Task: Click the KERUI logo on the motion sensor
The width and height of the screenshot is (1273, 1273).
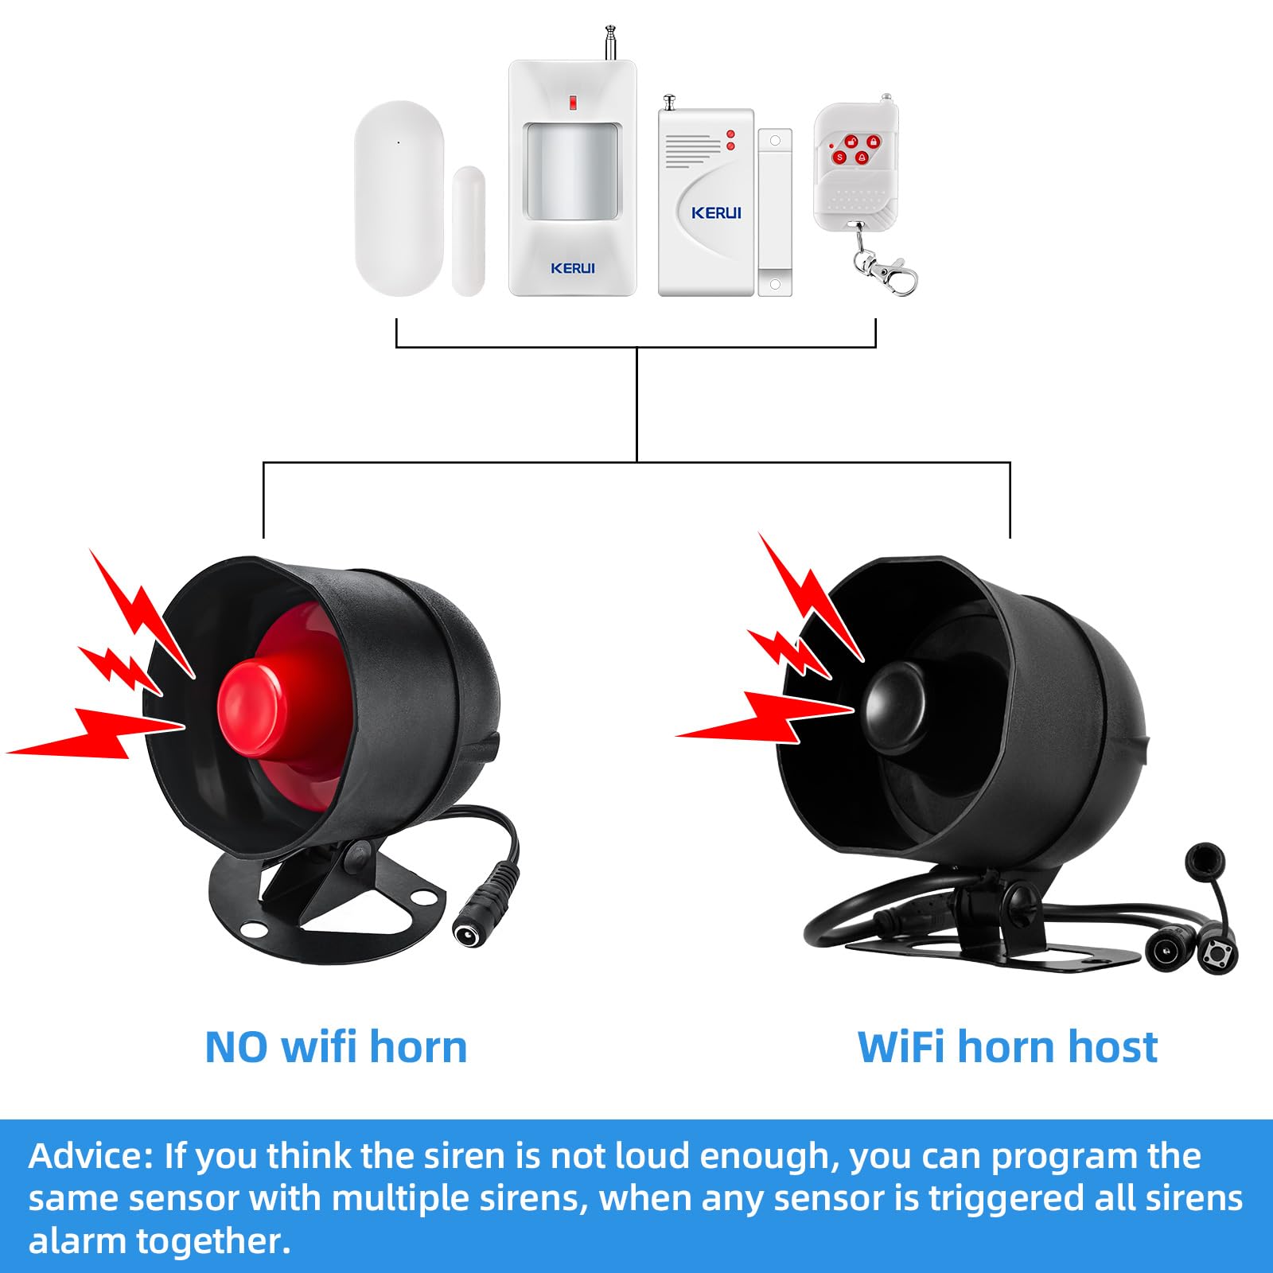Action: (573, 268)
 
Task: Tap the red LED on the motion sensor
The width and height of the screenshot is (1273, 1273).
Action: (571, 102)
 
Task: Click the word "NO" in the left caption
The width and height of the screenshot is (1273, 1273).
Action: (237, 1048)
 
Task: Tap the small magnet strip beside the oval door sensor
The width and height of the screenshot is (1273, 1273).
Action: (469, 231)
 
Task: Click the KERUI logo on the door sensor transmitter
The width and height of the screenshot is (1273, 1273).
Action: (716, 213)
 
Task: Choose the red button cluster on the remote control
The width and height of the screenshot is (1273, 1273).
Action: (855, 150)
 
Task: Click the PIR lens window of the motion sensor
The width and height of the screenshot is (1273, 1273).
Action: (571, 170)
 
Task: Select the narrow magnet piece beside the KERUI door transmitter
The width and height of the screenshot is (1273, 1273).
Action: (775, 212)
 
